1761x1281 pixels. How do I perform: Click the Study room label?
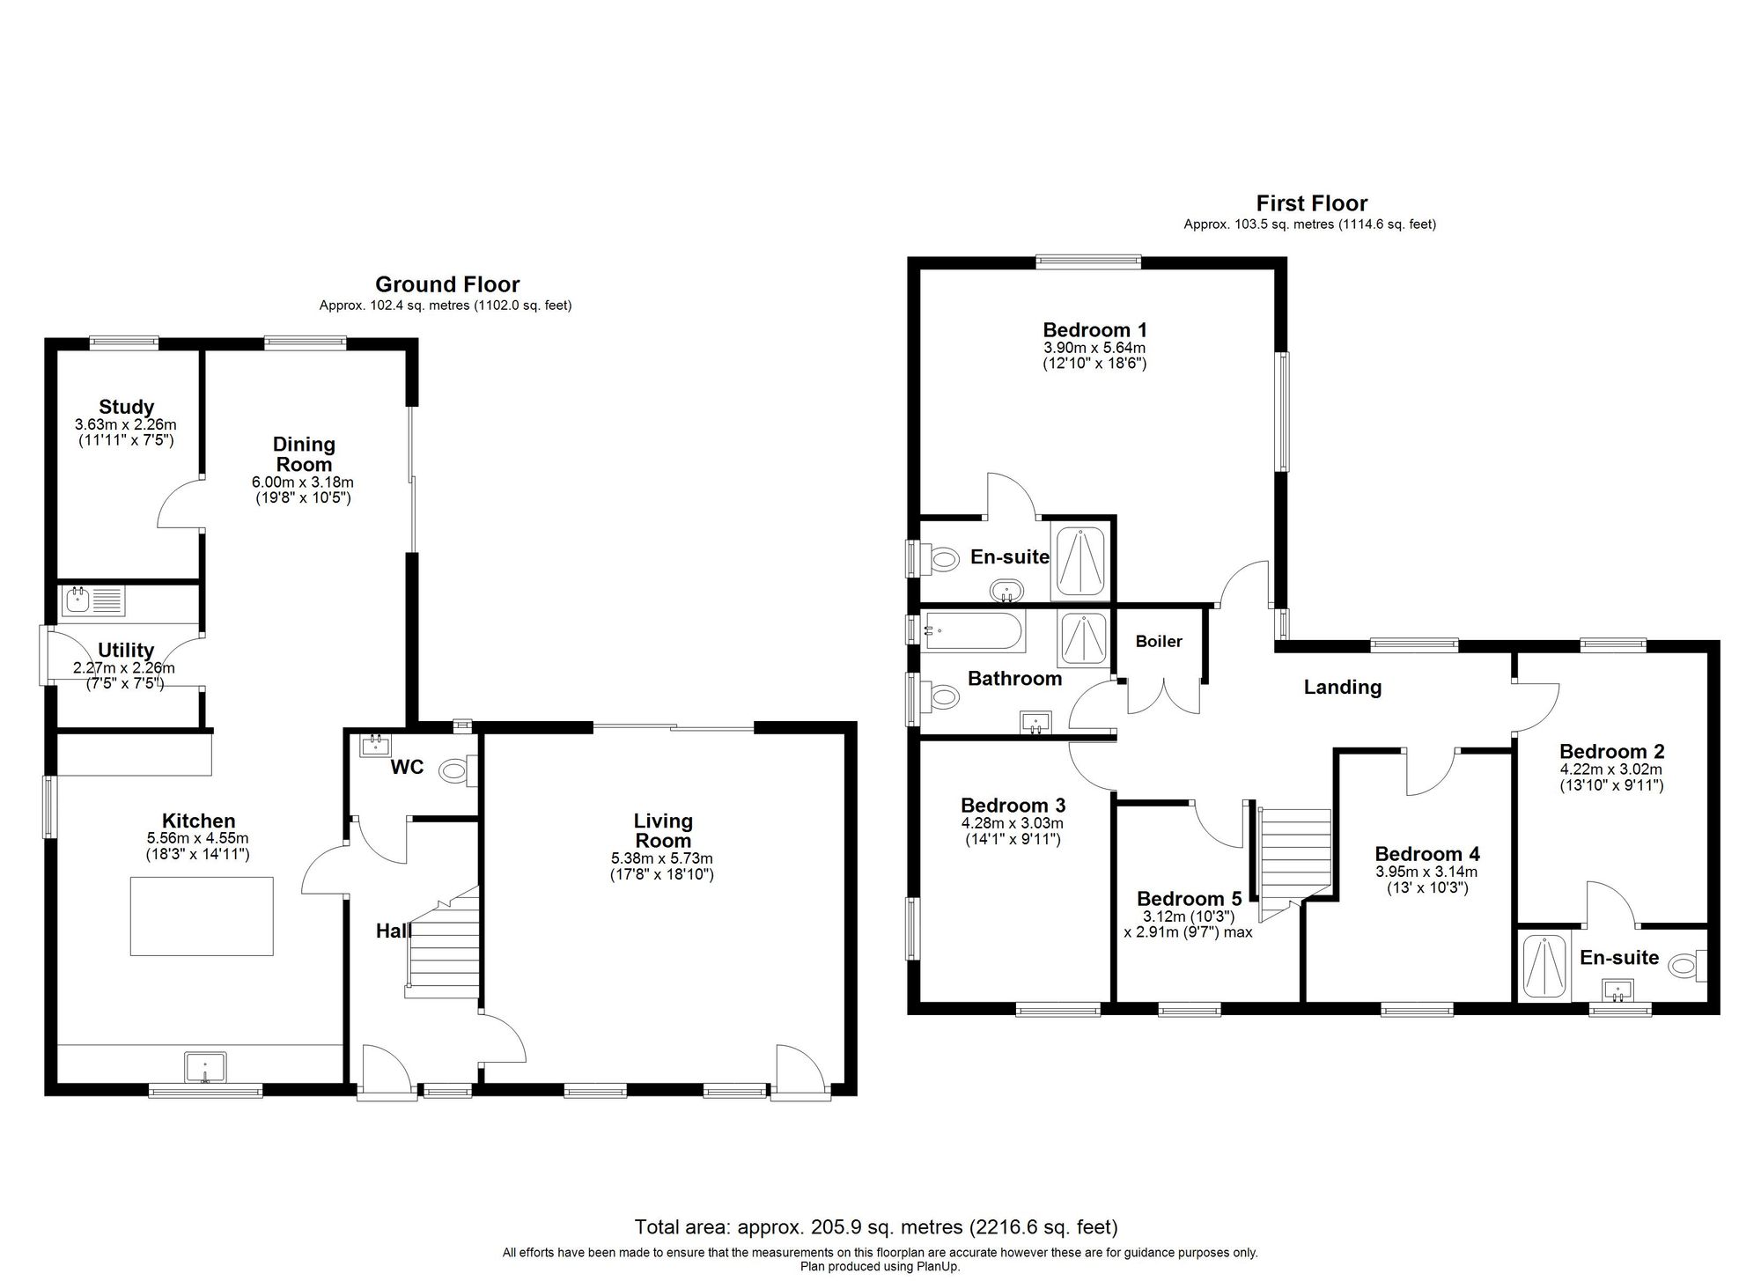tap(126, 407)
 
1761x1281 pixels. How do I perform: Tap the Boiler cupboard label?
tap(1159, 642)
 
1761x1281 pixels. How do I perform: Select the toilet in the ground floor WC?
tap(456, 772)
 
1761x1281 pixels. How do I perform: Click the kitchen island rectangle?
tap(202, 916)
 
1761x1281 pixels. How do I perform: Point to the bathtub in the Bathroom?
tap(972, 631)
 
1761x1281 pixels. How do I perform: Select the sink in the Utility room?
tap(77, 602)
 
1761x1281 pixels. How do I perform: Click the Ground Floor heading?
tap(447, 284)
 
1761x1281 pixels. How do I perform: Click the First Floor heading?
tap(1311, 203)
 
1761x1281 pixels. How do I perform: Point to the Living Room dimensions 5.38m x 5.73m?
tap(662, 858)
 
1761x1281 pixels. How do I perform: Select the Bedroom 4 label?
tap(1426, 854)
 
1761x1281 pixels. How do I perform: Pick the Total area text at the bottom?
tap(876, 1226)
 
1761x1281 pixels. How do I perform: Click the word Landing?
tap(1342, 688)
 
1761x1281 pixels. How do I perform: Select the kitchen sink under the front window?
tap(205, 1067)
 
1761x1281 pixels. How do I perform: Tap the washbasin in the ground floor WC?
tap(376, 746)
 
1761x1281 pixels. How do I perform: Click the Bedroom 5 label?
tap(1189, 899)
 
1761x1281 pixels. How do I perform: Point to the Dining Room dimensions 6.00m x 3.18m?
tap(303, 482)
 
